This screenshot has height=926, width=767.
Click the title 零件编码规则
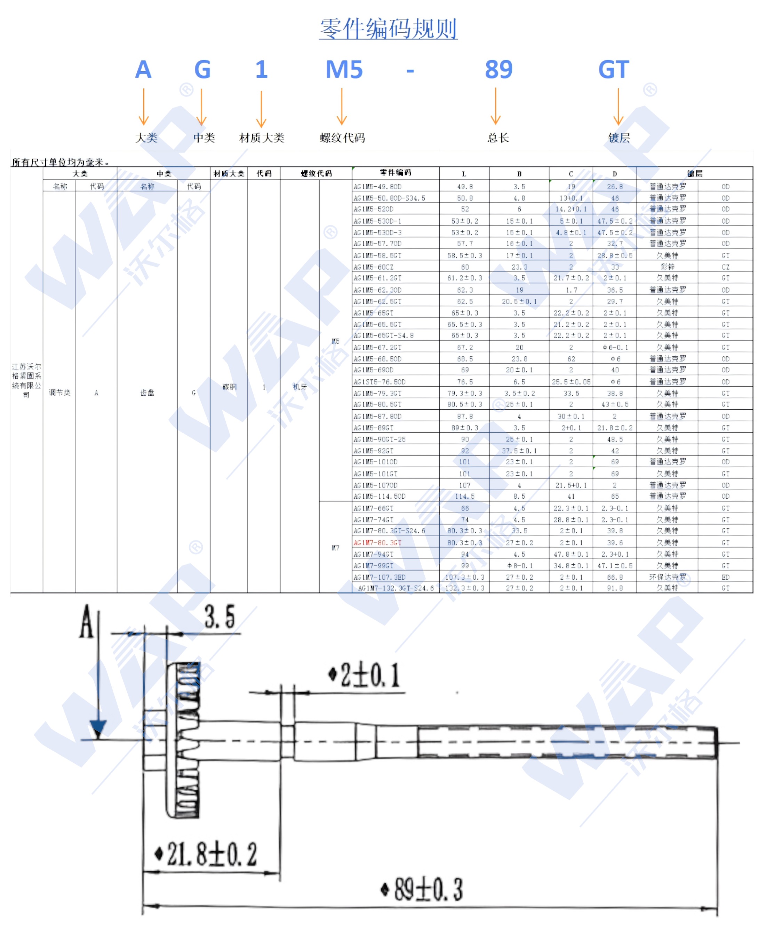point(388,29)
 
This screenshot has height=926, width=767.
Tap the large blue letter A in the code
point(143,70)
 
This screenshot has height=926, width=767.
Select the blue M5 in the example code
point(344,70)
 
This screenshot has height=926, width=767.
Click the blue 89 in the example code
point(498,70)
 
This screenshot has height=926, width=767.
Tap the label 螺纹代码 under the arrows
point(342,138)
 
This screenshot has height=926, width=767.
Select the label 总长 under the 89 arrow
point(498,138)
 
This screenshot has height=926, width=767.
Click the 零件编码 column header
point(395,173)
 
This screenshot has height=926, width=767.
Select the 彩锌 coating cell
point(667,267)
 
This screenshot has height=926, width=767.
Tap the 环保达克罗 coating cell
point(667,577)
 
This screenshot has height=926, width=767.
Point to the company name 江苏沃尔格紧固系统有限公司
point(26,380)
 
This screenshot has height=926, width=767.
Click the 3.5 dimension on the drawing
point(219,617)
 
